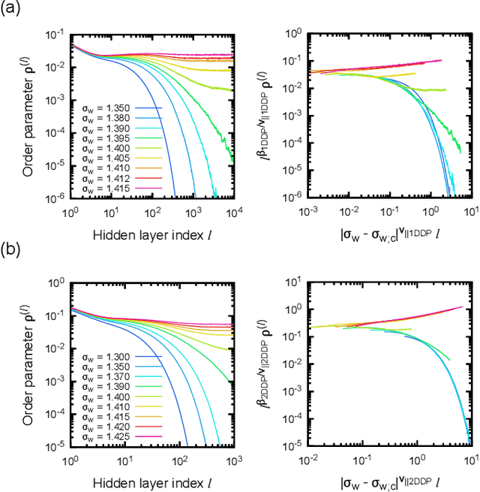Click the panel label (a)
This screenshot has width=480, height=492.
pos(12,10)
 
